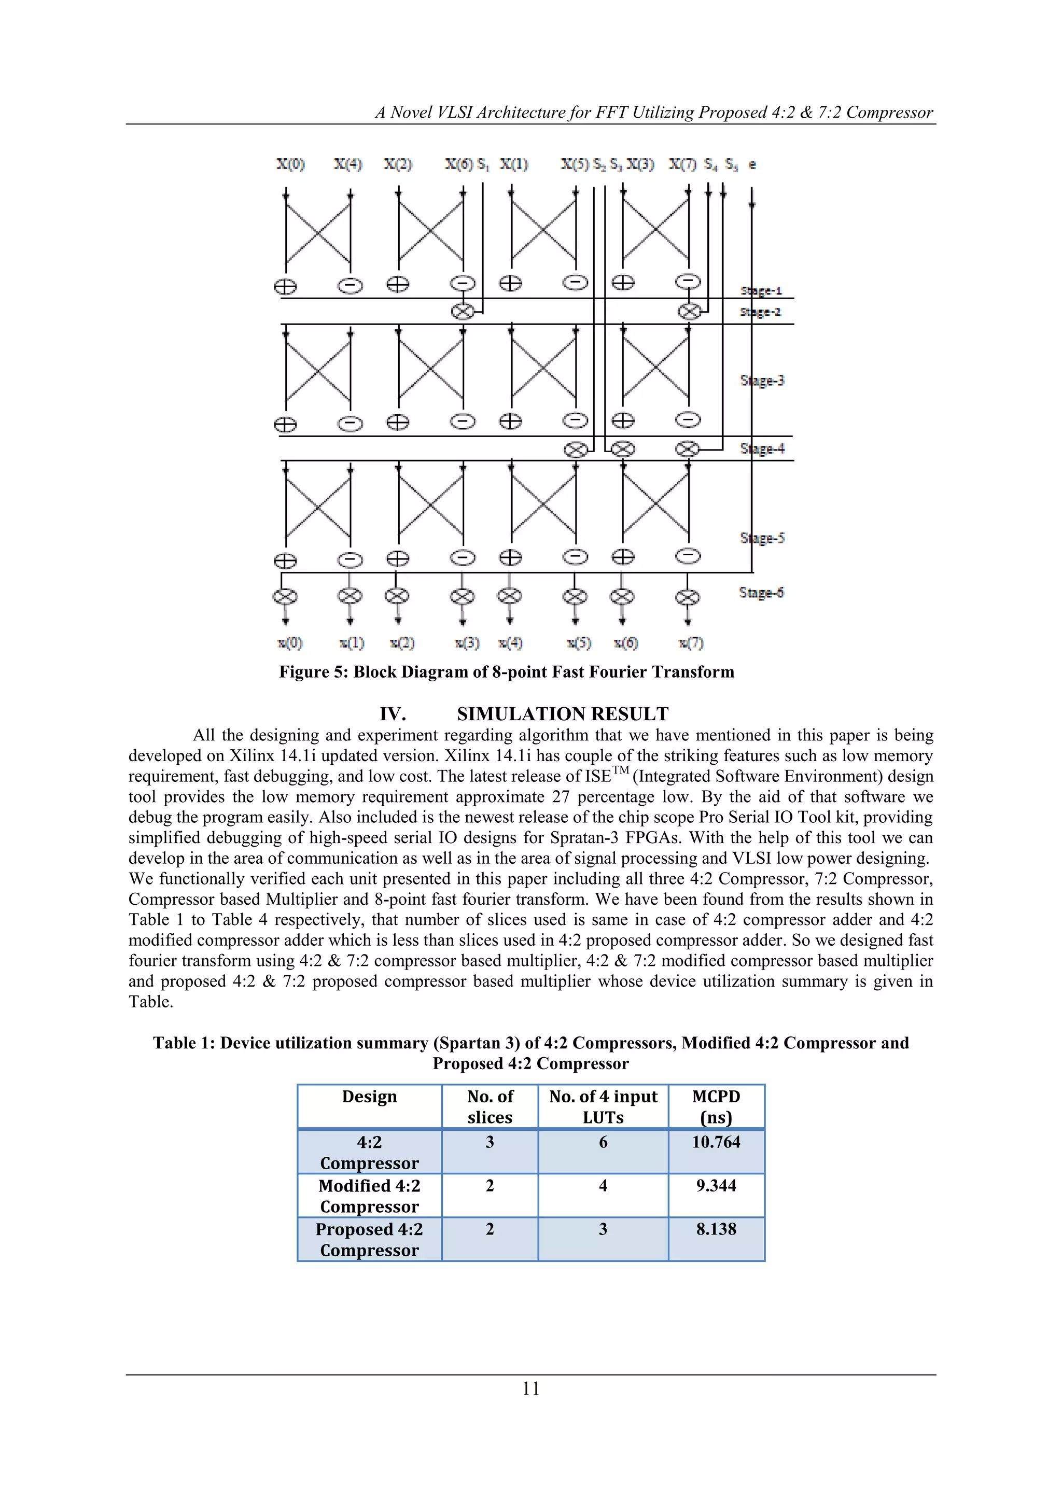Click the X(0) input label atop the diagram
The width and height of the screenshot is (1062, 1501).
290,164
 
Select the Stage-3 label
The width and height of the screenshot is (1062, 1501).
762,381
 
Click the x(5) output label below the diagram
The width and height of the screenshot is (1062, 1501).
579,643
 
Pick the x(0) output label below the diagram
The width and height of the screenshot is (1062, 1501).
290,643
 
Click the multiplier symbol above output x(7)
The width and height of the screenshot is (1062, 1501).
687,597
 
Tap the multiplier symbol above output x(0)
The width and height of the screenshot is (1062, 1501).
285,596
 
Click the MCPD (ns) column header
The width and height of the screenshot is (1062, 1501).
716,1106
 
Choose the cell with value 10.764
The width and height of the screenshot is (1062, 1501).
716,1142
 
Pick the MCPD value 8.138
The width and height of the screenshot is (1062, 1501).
716,1229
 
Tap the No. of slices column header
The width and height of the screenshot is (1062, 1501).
490,1106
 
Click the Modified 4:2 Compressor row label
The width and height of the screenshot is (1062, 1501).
370,1196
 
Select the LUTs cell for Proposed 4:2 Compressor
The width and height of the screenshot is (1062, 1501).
603,1229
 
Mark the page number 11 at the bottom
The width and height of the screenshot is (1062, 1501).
531,1388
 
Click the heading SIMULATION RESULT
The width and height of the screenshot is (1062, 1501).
563,714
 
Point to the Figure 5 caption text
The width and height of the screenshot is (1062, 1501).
506,672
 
